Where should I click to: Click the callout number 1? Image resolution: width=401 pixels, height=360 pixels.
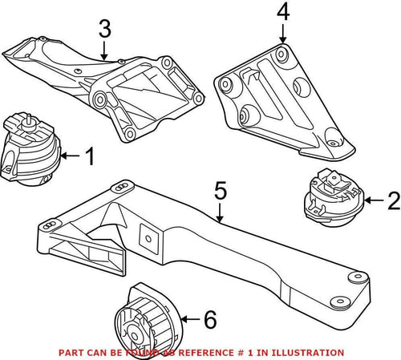(x=88, y=157)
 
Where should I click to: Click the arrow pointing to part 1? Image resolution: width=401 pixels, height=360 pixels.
(x=70, y=157)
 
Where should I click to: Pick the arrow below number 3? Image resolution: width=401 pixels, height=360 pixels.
(x=103, y=50)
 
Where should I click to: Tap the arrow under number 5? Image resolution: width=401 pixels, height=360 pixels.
(x=220, y=212)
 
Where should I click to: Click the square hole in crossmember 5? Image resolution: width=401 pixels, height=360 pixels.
(x=147, y=237)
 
